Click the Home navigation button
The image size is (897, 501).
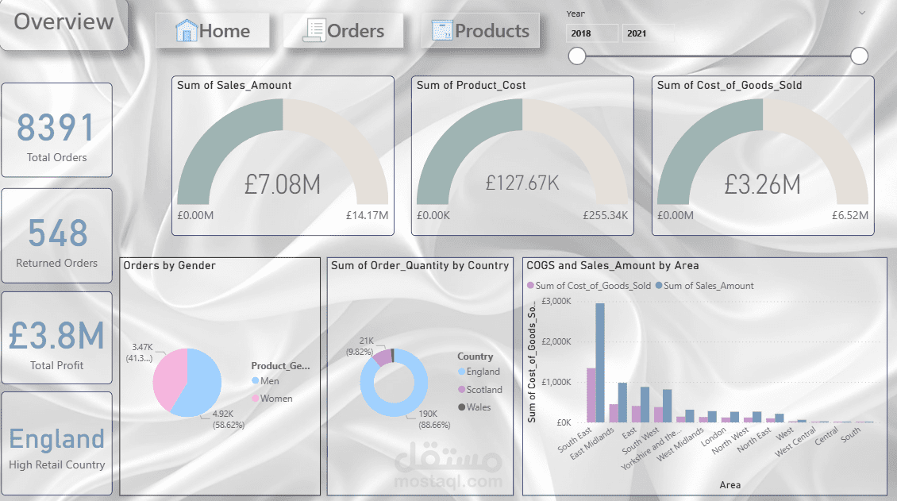click(213, 31)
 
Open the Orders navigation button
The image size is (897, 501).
click(344, 31)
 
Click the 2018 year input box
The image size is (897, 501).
click(591, 33)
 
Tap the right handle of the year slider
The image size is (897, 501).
click(859, 56)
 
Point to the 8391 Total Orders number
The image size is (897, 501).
click(56, 128)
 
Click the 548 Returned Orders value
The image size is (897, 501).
click(57, 233)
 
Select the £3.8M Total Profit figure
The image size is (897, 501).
click(56, 336)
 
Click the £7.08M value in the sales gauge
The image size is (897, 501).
click(283, 185)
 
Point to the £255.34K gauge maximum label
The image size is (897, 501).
click(605, 215)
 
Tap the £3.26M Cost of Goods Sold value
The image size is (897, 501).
click(762, 185)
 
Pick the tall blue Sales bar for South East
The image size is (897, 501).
click(600, 362)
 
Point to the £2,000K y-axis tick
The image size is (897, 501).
click(556, 341)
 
